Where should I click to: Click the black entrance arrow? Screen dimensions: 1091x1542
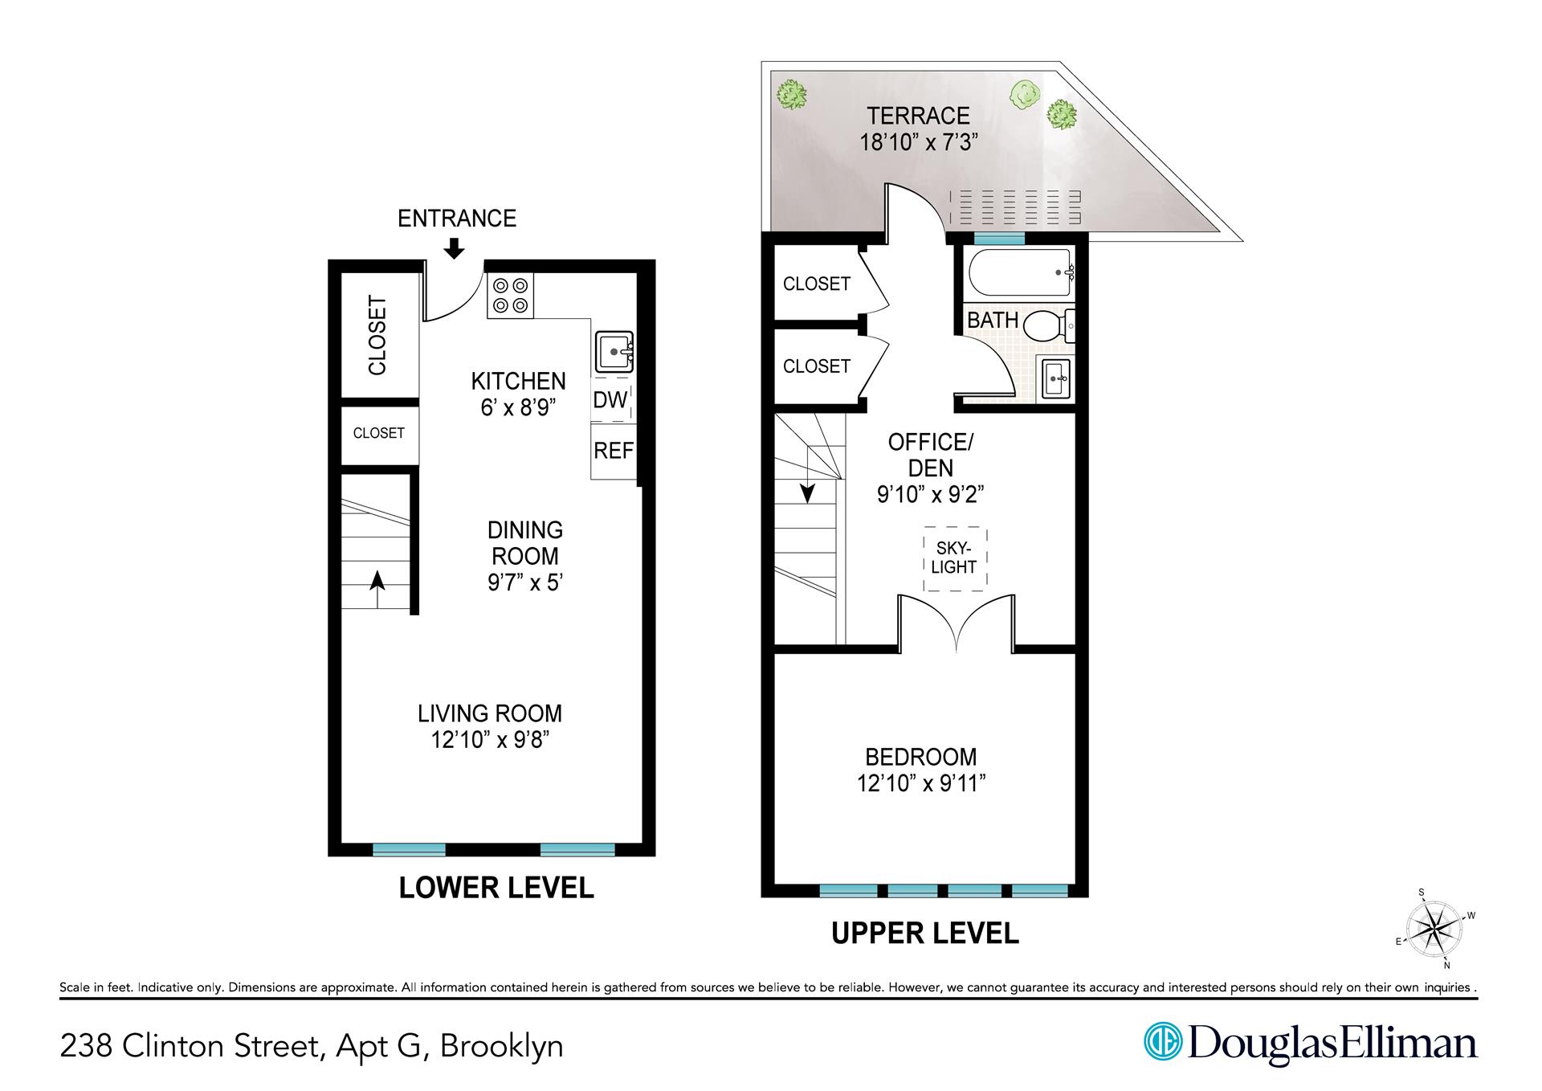(x=454, y=247)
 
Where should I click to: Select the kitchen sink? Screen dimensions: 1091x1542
(x=614, y=353)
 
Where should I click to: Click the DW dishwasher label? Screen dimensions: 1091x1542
(x=610, y=399)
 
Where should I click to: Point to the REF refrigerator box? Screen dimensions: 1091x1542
(x=614, y=452)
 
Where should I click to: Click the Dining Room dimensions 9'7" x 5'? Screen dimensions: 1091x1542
(x=525, y=582)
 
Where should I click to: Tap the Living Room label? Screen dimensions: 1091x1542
(x=489, y=713)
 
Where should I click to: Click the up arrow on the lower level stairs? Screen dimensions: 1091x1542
(x=376, y=590)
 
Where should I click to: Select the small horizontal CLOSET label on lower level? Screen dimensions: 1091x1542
(x=378, y=433)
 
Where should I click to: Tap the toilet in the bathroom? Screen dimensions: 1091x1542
(x=1049, y=325)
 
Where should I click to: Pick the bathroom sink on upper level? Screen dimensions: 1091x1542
(x=1056, y=377)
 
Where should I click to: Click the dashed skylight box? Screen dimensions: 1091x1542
(x=954, y=558)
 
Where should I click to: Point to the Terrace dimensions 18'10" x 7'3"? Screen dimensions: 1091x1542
(x=918, y=143)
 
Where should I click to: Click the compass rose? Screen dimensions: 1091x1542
(x=1435, y=929)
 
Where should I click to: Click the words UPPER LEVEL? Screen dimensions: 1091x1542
(x=924, y=934)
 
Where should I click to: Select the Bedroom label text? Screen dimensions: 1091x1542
(x=920, y=757)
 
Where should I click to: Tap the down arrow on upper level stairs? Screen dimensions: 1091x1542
(x=807, y=491)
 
